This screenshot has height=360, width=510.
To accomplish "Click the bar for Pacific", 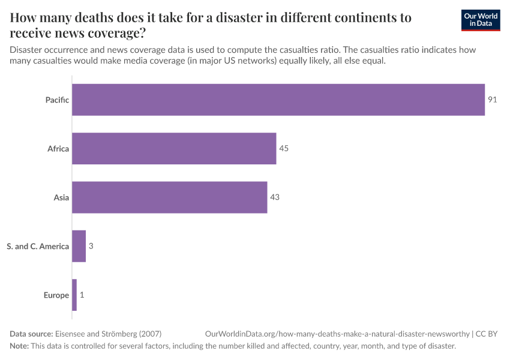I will (278, 100).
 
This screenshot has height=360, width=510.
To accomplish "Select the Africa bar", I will (174, 148).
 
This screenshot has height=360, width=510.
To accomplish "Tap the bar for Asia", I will (169, 197).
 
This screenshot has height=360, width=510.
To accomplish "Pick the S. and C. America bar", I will (79, 246).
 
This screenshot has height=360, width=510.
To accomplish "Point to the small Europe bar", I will (74, 295).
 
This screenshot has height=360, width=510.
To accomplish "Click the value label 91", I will (493, 100).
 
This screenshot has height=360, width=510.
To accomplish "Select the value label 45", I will (284, 148).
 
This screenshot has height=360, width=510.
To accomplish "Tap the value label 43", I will (275, 197).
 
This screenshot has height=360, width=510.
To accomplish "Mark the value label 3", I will (91, 246).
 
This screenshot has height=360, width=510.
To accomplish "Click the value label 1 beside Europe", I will (82, 295).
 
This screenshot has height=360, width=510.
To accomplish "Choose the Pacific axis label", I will (57, 100).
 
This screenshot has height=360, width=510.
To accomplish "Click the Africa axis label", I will (58, 148).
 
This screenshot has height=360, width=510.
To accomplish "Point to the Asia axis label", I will (61, 197).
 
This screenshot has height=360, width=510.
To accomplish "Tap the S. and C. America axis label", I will (38, 246).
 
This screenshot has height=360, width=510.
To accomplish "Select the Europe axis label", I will (56, 295).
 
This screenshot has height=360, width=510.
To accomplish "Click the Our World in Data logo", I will (481, 20).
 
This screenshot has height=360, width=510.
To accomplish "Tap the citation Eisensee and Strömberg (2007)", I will (108, 334).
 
